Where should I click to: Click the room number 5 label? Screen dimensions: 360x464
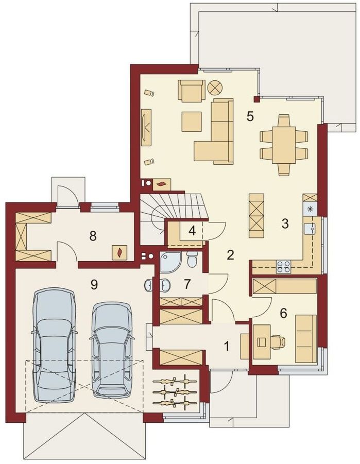[250, 116]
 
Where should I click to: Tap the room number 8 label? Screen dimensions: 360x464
[93, 236]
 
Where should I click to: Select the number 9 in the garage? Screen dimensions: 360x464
[94, 285]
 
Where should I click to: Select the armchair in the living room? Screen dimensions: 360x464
[192, 91]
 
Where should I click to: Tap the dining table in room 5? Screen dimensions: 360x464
[284, 145]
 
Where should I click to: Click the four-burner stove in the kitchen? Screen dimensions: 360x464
[283, 266]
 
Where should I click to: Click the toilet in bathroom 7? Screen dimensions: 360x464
[192, 260]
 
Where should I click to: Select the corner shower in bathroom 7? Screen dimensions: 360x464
[169, 262]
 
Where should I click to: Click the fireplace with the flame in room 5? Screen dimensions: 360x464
[161, 184]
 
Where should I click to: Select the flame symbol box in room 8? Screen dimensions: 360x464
[119, 252]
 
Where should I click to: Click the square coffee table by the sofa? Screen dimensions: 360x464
[192, 122]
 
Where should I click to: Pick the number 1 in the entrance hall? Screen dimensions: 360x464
[227, 346]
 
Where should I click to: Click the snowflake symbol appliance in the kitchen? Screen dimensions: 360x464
[310, 209]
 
